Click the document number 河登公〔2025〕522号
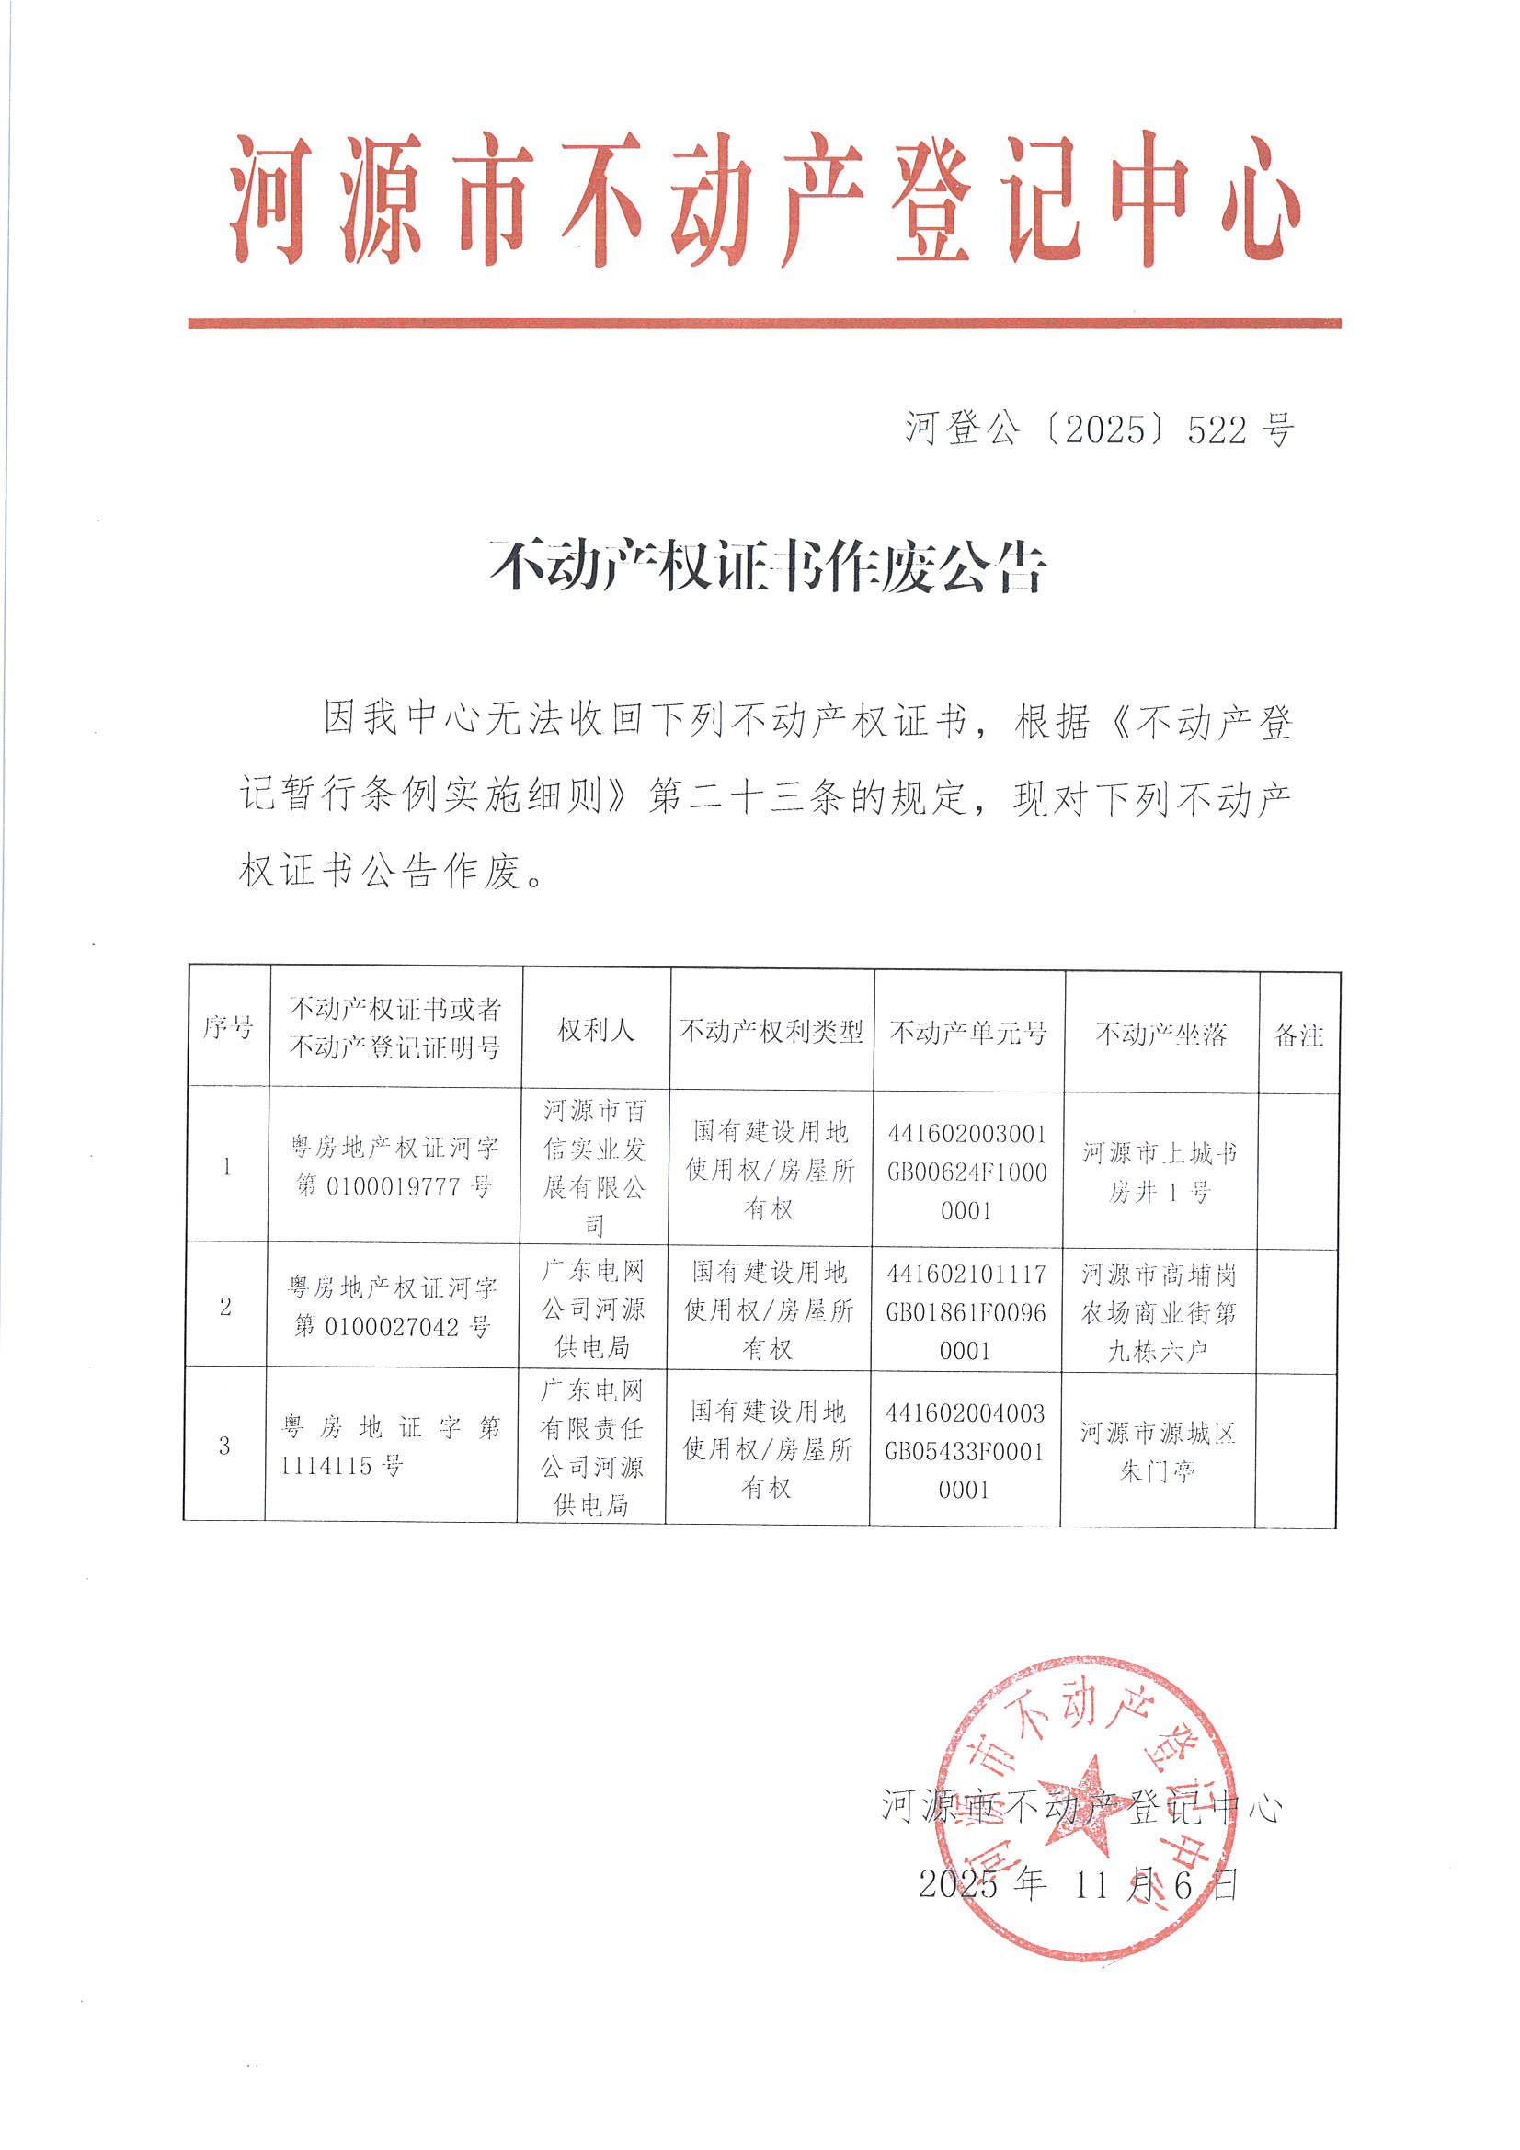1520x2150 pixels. pos(1100,429)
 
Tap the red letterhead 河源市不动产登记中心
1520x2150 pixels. pos(765,199)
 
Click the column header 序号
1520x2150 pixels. pos(227,1027)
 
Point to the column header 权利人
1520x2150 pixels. pos(596,1030)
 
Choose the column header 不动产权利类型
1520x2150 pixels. pos(771,1031)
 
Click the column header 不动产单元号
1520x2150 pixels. pos(967,1032)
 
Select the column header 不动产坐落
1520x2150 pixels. pos(1160,1033)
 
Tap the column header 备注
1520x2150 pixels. pos(1299,1035)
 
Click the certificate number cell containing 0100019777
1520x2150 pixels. pos(394,1167)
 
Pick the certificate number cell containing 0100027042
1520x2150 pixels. pos(392,1307)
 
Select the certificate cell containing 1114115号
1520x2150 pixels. pos(391,1446)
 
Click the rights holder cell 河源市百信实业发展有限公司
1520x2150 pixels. pos(594,1167)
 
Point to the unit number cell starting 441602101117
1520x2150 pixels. pos(966,1311)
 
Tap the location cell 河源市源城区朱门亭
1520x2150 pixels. pos(1158,1451)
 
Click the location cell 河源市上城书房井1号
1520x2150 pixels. pos(1160,1172)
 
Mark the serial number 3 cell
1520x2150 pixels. pos(224,1446)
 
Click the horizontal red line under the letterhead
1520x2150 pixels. pos(764,323)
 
